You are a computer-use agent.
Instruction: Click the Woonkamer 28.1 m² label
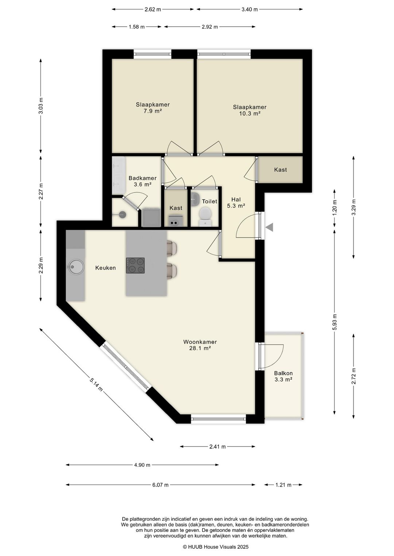coord(200,345)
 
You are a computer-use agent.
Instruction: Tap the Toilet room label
coord(209,201)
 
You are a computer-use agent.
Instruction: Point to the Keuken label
coord(105,268)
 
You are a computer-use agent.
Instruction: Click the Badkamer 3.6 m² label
coord(142,181)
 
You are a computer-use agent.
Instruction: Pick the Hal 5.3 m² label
coord(236,203)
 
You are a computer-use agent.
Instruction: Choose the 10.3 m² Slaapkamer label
coord(250,110)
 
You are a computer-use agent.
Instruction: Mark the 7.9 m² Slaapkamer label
coord(152,108)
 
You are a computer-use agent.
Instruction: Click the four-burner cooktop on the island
coord(135,265)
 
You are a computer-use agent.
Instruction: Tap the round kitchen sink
coord(76,267)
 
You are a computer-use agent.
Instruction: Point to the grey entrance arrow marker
coord(270,227)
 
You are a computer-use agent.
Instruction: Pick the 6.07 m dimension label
coord(160,485)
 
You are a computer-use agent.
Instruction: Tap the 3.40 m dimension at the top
coord(250,9)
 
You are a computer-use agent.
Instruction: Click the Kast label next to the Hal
coord(281,170)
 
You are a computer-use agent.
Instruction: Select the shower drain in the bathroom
coord(122,215)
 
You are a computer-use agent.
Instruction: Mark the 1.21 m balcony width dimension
coord(283,485)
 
